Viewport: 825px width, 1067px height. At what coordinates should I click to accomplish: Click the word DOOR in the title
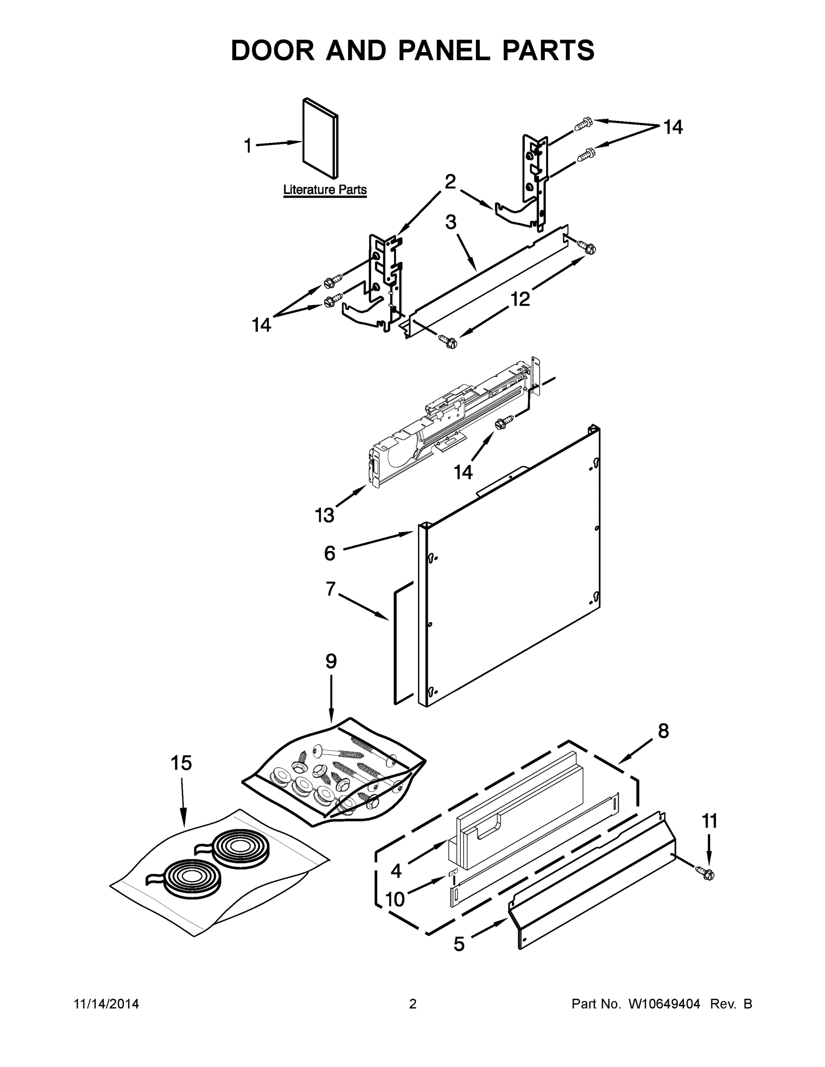pyautogui.click(x=273, y=50)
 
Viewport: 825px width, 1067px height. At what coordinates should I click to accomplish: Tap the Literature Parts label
pyautogui.click(x=325, y=189)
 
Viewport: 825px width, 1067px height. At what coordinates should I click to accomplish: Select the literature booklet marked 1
pyautogui.click(x=320, y=138)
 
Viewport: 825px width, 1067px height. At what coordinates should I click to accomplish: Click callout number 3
pyautogui.click(x=451, y=222)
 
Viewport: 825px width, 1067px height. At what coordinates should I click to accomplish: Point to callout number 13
pyautogui.click(x=324, y=515)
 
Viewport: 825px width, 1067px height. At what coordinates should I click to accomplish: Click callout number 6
pyautogui.click(x=330, y=554)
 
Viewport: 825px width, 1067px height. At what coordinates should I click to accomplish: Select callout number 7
pyautogui.click(x=331, y=589)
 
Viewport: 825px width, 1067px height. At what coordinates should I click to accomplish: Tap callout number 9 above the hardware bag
pyautogui.click(x=331, y=662)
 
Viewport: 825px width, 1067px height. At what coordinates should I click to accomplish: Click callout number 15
pyautogui.click(x=181, y=763)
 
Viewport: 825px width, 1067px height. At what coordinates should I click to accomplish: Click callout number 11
pyautogui.click(x=710, y=822)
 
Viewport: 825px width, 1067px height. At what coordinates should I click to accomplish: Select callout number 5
pyautogui.click(x=459, y=944)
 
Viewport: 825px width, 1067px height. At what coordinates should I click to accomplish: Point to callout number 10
pyautogui.click(x=395, y=899)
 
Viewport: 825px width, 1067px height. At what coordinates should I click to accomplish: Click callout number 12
pyautogui.click(x=520, y=299)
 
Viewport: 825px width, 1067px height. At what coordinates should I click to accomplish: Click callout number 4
pyautogui.click(x=396, y=870)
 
